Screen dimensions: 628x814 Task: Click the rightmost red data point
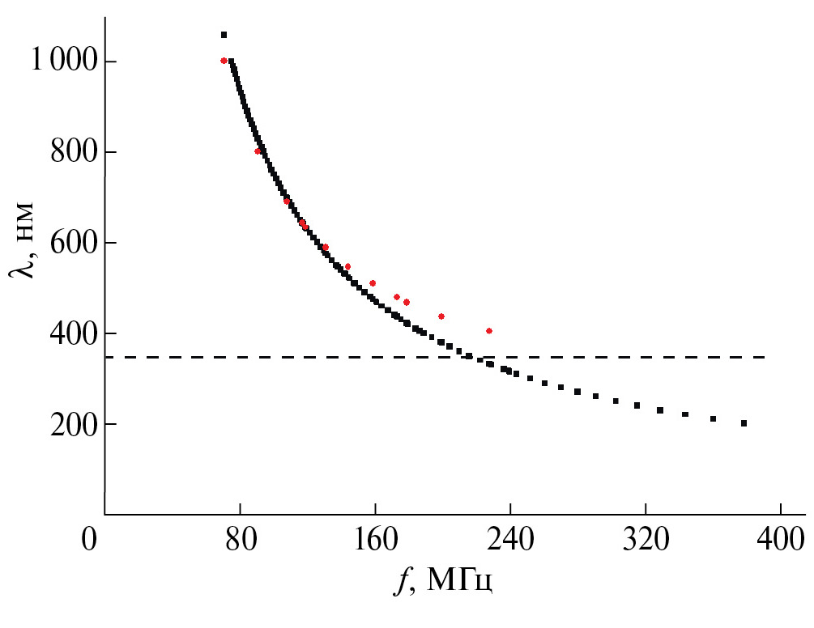489,330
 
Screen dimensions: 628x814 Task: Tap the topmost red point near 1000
224,61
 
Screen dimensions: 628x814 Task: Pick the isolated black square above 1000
224,35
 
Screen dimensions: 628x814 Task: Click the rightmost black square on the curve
744,423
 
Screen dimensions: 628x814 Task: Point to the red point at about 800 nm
258,151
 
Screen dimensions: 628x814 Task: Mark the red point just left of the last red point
441,316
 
